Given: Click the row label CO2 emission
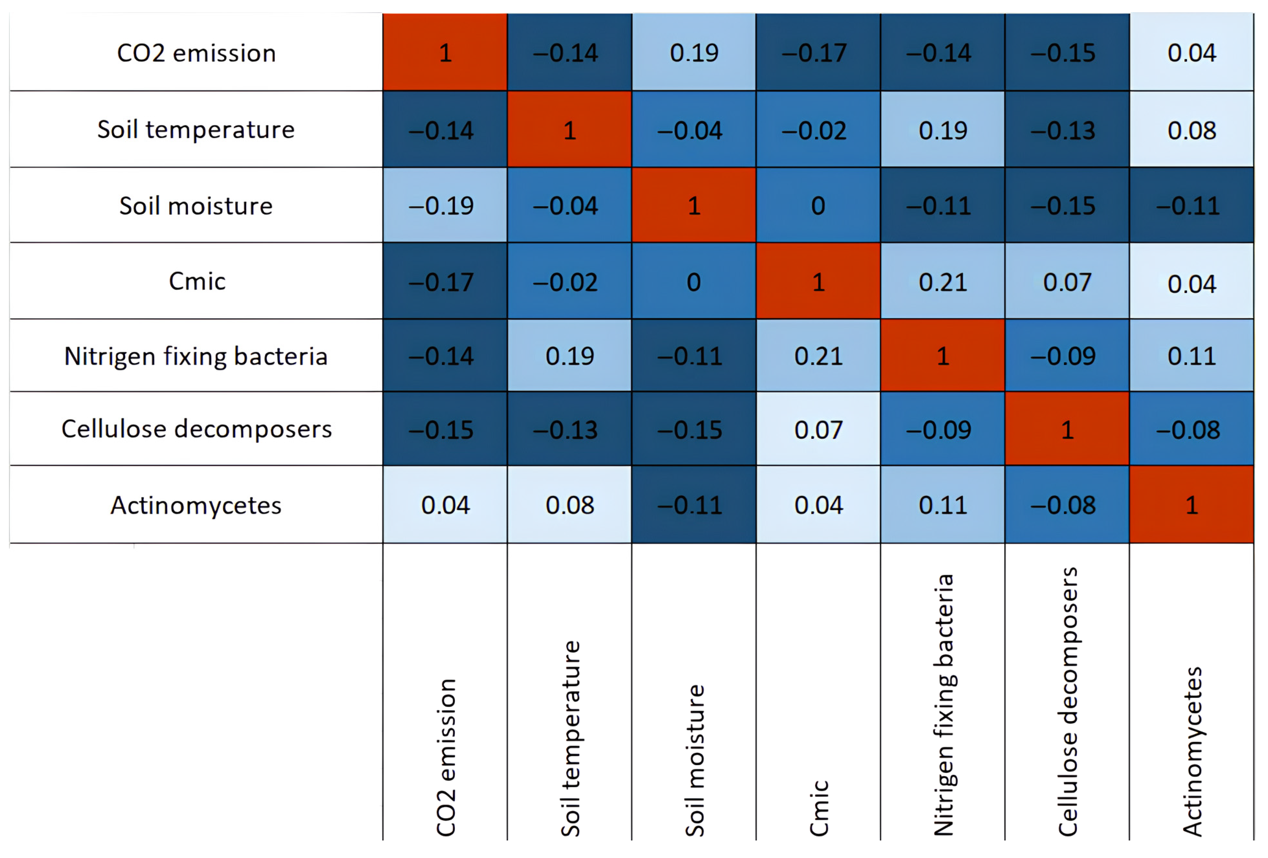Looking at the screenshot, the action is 196,53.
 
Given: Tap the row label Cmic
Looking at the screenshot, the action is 197,282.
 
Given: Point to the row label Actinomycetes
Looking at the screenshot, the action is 196,505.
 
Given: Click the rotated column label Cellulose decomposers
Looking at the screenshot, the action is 1068,702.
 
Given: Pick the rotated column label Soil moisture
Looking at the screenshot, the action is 695,760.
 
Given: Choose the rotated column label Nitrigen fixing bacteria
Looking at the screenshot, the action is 944,705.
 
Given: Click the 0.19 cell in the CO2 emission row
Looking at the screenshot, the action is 694,53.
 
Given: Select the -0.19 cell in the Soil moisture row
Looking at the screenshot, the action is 445,205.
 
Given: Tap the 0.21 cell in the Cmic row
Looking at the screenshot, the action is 943,281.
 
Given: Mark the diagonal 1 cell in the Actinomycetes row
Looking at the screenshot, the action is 1192,504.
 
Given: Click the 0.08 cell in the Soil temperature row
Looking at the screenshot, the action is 1192,129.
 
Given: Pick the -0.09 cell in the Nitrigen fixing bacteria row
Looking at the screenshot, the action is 1067,355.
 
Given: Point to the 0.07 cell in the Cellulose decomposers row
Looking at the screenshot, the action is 818,429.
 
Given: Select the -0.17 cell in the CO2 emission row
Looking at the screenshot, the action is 818,53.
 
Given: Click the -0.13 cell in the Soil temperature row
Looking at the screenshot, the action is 1067,129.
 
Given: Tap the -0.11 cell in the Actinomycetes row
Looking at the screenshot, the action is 694,504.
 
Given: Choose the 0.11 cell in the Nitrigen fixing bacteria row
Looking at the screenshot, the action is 1192,355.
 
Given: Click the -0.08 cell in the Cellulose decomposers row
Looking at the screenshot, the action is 1192,429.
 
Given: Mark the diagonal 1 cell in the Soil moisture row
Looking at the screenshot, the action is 694,205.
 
